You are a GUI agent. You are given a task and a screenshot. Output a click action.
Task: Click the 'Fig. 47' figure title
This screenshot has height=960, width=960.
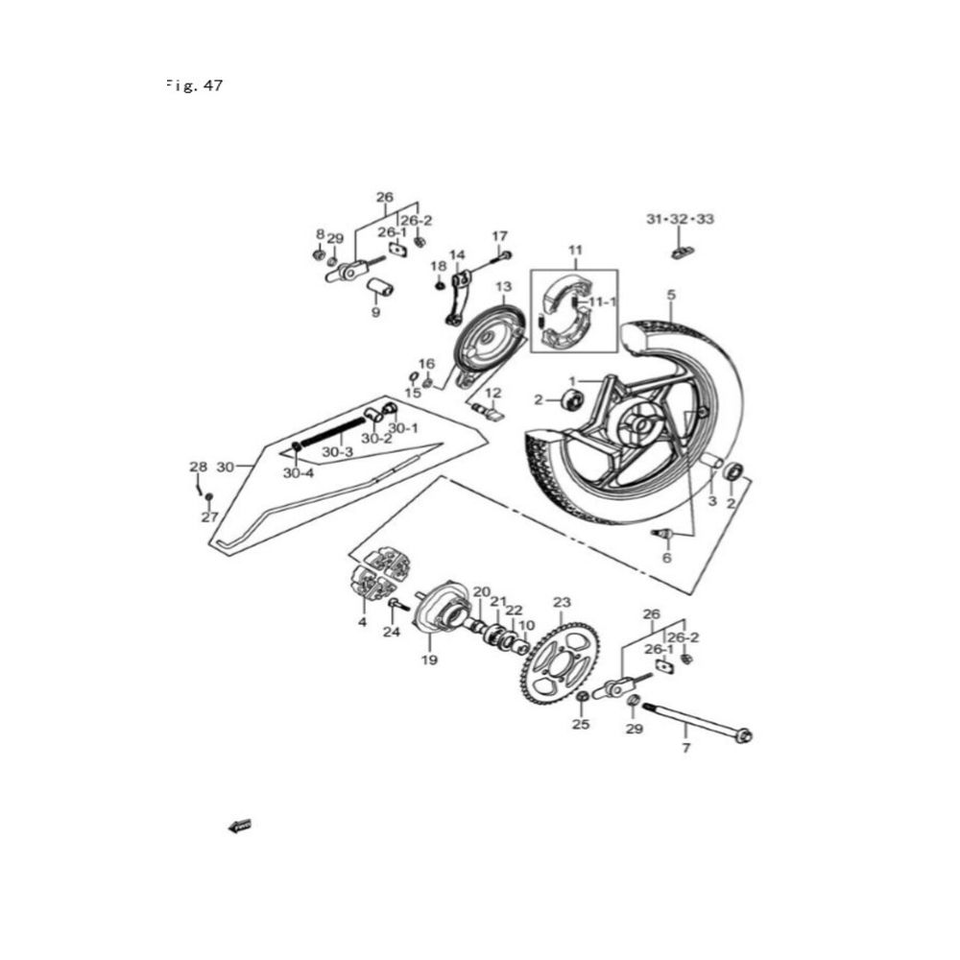pyautogui.click(x=195, y=85)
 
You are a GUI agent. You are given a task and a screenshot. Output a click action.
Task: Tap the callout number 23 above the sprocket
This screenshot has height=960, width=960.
pyautogui.click(x=562, y=603)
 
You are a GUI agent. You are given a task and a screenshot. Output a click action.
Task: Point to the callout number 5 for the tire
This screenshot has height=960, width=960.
pyautogui.click(x=671, y=294)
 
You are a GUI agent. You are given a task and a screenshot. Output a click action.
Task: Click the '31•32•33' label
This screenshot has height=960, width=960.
pyautogui.click(x=680, y=220)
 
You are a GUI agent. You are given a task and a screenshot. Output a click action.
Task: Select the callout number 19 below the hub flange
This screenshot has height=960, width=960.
pyautogui.click(x=428, y=660)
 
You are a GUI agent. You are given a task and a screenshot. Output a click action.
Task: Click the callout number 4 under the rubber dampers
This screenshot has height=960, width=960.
pyautogui.click(x=363, y=622)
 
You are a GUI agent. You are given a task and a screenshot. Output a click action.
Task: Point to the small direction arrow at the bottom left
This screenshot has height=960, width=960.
pyautogui.click(x=239, y=825)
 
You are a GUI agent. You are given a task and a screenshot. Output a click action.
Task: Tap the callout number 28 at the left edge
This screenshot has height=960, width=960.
pyautogui.click(x=198, y=468)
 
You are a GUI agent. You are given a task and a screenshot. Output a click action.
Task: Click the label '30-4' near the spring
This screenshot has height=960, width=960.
pyautogui.click(x=299, y=473)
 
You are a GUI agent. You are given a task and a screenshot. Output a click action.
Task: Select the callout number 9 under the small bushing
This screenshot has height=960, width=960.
pyautogui.click(x=376, y=312)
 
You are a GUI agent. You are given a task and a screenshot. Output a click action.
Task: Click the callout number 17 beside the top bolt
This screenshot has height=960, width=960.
pyautogui.click(x=499, y=236)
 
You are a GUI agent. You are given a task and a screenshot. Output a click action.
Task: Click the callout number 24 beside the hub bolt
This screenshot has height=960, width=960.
pyautogui.click(x=390, y=632)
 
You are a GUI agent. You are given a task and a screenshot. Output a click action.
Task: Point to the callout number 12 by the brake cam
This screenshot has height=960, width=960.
pyautogui.click(x=493, y=394)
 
